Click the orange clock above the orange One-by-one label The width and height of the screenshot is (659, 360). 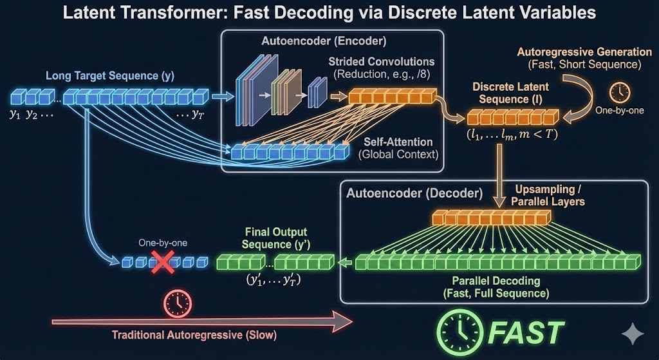click(620, 92)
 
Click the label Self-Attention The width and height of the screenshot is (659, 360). click(398, 141)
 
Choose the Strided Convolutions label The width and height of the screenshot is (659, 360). click(382, 62)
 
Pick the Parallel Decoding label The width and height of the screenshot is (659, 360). click(496, 281)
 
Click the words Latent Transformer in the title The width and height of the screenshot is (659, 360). click(129, 13)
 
